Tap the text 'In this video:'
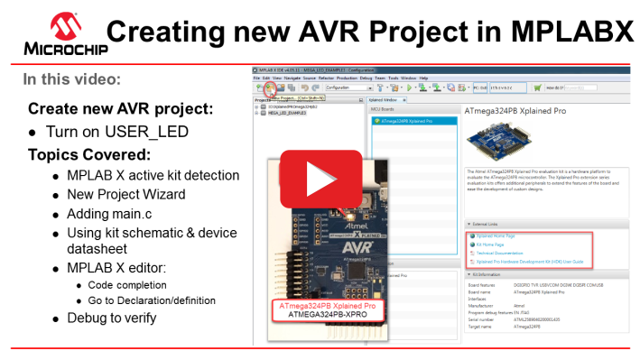(71, 79)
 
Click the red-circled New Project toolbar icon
(271, 88)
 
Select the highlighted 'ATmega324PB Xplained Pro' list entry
(411, 119)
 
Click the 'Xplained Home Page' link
(495, 235)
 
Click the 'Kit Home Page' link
(488, 245)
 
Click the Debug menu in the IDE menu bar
(366, 78)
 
